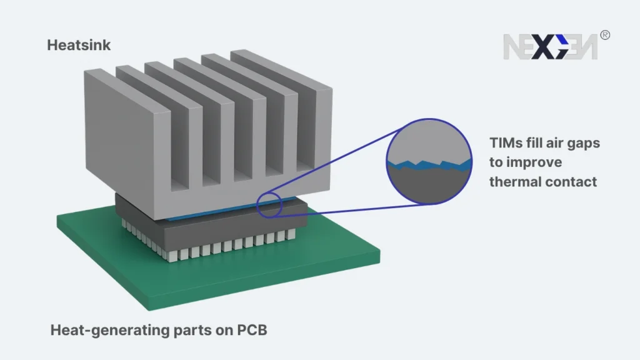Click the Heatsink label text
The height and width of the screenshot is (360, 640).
[x=79, y=45]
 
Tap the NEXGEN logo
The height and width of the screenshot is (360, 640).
[x=550, y=47]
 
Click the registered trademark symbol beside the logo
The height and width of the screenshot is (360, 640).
[x=604, y=36]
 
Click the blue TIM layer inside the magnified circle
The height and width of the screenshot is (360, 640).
[x=431, y=165]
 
